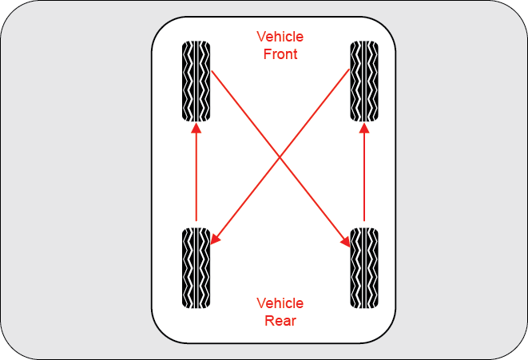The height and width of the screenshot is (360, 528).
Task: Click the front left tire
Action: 196,81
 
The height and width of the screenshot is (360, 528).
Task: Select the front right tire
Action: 363,81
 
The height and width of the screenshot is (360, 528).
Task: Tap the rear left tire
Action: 196,267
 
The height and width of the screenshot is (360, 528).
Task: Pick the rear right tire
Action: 363,267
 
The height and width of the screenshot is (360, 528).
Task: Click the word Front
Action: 280,54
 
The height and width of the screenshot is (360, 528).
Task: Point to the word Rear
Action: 280,321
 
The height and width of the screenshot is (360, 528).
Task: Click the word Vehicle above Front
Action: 280,37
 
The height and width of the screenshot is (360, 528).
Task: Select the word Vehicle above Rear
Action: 280,303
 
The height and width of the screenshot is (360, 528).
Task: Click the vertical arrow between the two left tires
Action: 196,176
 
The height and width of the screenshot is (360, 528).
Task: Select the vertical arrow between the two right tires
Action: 363,176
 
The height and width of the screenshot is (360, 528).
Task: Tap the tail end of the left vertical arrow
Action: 196,220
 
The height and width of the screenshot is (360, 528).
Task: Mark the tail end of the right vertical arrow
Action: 363,220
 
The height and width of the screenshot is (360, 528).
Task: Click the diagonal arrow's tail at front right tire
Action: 349,70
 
